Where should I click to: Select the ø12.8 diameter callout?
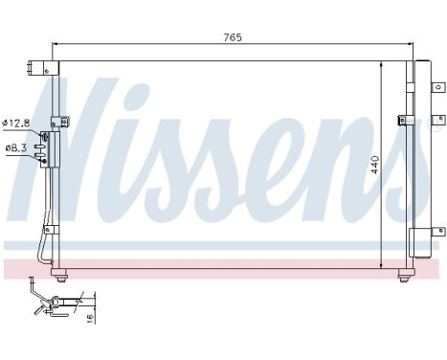pyautogui.click(x=16, y=122)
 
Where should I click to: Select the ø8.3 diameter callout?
pyautogui.click(x=16, y=147)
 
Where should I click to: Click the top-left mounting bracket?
pyautogui.click(x=43, y=68)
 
